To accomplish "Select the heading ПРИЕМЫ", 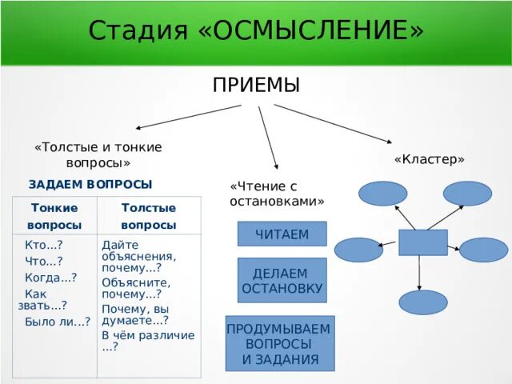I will pyautogui.click(x=256, y=85).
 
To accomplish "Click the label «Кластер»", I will pyautogui.click(x=430, y=159).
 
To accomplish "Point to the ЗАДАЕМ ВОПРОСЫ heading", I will pyautogui.click(x=90, y=184).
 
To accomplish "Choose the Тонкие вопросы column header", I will pyautogui.click(x=54, y=216).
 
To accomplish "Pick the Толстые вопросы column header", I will pyautogui.click(x=148, y=216).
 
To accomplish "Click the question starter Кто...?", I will pyautogui.click(x=44, y=246).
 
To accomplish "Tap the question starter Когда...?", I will pyautogui.click(x=50, y=277).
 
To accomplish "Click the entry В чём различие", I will pyautogui.click(x=148, y=341).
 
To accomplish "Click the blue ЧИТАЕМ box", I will pyautogui.click(x=282, y=234).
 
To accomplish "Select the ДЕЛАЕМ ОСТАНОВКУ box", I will pyautogui.click(x=282, y=280).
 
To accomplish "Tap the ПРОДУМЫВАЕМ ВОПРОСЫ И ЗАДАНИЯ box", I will pyautogui.click(x=280, y=344).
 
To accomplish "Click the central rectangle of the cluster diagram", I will pyautogui.click(x=422, y=242).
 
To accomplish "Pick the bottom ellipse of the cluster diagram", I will pyautogui.click(x=422, y=302).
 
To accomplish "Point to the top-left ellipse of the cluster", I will pyautogui.click(x=382, y=194).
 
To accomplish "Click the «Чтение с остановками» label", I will pyautogui.click(x=276, y=193).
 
